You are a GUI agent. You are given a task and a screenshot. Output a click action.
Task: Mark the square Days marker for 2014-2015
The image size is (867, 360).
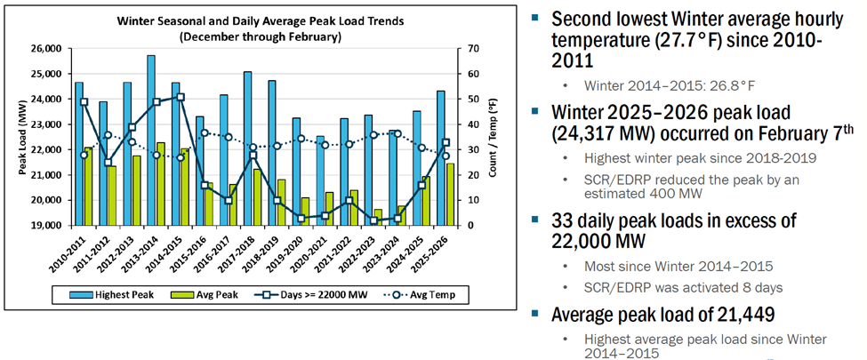point(181,97)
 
